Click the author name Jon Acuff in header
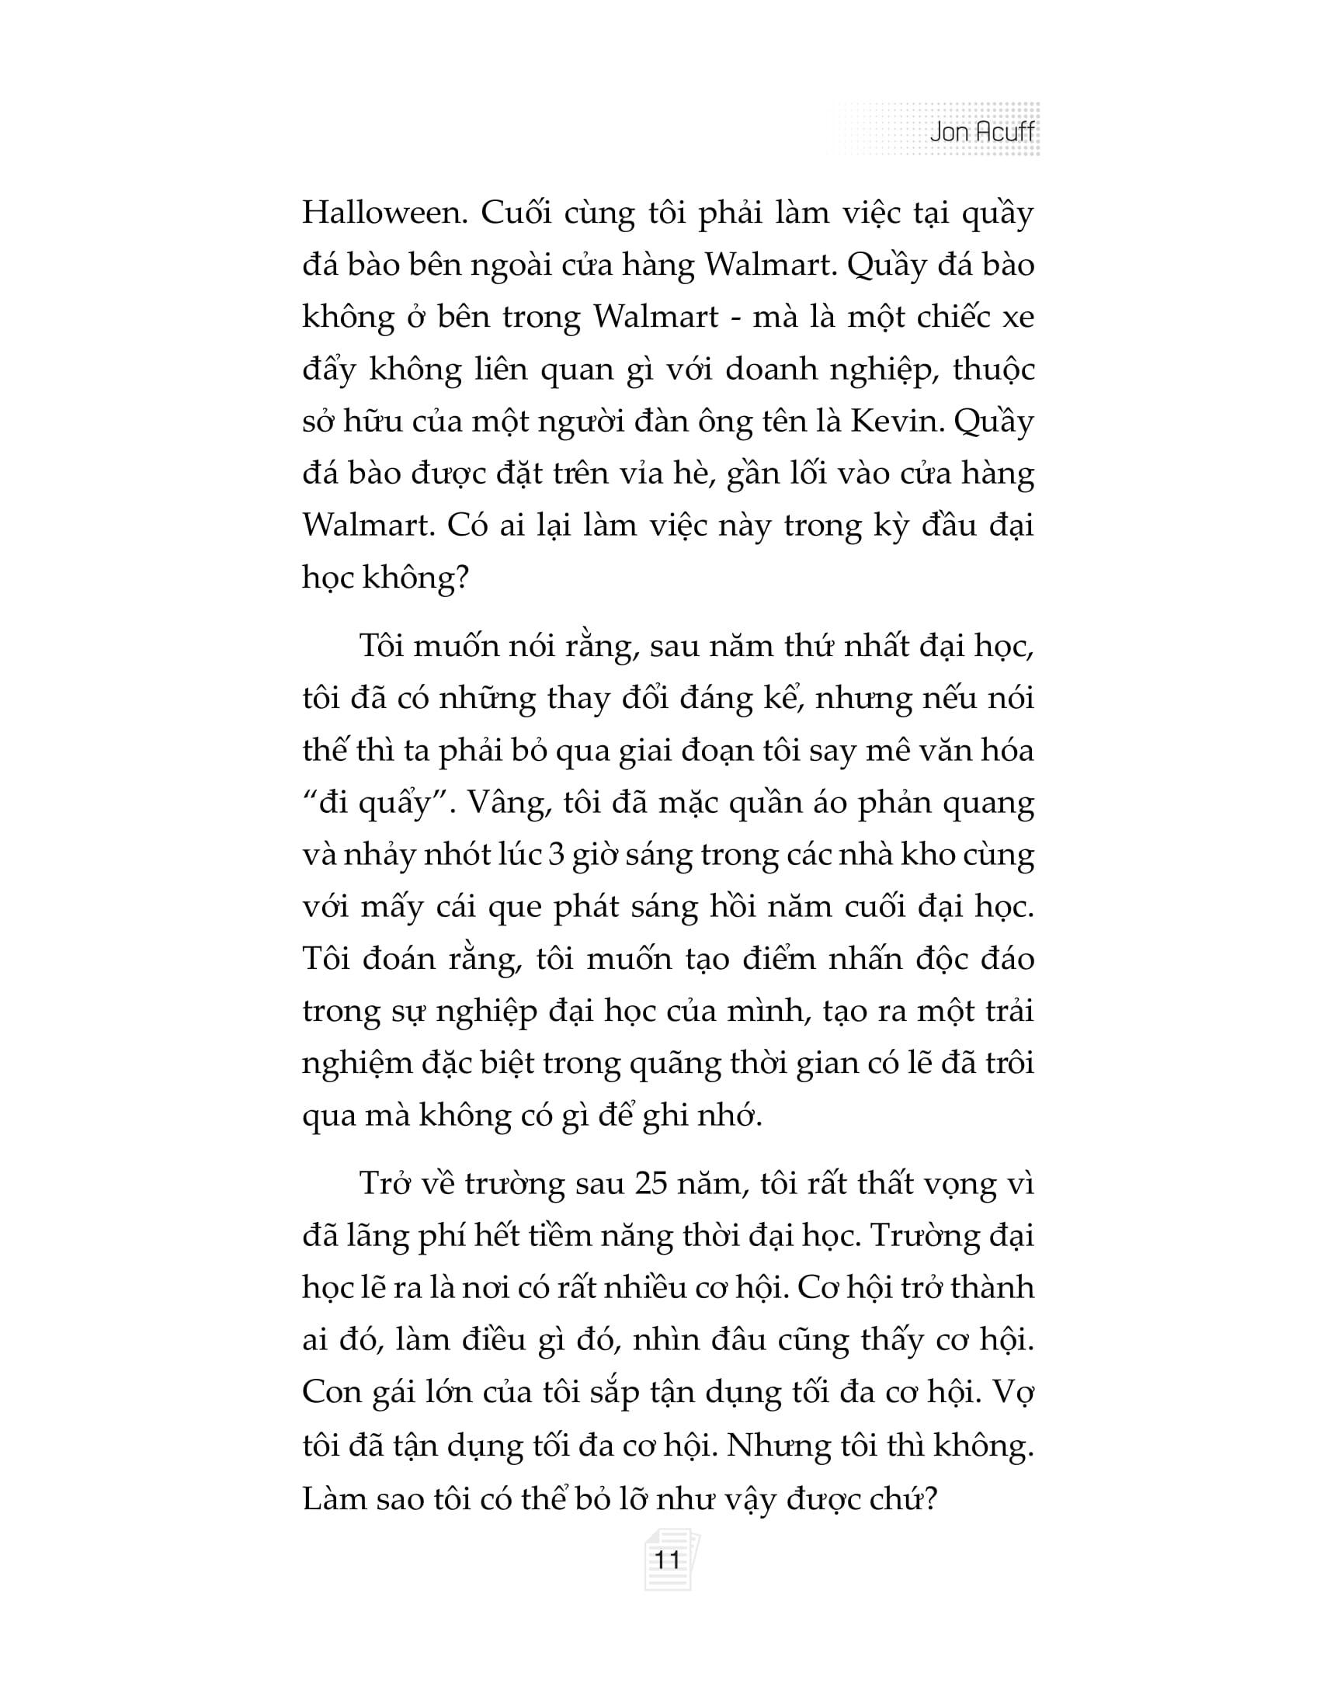coord(981,132)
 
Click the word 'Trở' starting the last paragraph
coord(386,1183)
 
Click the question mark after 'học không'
coord(459,578)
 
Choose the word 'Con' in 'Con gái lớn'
coord(332,1393)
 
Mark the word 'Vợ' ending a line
coord(1016,1393)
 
